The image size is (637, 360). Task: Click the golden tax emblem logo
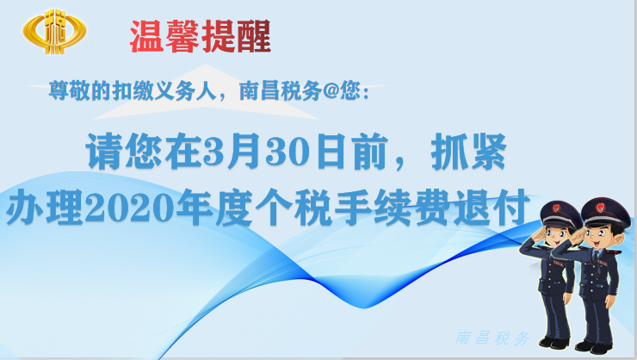pos(54,31)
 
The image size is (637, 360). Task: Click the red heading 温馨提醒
pos(201,36)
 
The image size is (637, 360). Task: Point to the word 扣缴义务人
pos(164,90)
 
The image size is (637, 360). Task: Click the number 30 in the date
pos(286,152)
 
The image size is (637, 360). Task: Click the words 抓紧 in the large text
pos(468,152)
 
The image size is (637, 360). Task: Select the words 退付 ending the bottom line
pos(492,208)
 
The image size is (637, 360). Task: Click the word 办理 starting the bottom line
pos(45,208)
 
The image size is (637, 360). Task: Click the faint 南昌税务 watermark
pos(492,338)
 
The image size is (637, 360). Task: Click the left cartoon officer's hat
pos(560,214)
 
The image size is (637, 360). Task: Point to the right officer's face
pos(601,236)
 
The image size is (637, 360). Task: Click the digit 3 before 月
pos(214,152)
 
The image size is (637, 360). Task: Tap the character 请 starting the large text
pos(104,152)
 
